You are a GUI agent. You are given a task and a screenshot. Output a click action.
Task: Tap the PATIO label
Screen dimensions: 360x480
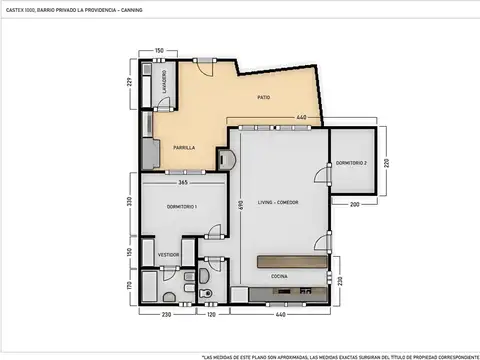263,97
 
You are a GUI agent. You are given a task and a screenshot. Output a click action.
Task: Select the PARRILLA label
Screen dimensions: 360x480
181,148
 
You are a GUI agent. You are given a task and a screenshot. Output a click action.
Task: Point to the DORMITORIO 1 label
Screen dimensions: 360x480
182,207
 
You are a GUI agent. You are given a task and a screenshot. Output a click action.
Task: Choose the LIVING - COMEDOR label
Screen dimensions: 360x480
278,202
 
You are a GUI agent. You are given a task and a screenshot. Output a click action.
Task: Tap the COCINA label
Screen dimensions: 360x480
280,277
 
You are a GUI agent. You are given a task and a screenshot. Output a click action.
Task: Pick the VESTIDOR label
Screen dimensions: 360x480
168,255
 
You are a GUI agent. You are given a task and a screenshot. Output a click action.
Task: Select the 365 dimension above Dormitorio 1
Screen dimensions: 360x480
184,182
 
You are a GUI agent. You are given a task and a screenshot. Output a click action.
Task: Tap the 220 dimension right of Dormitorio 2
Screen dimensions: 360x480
387,159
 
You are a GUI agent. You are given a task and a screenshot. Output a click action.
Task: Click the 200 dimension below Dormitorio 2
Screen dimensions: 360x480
354,203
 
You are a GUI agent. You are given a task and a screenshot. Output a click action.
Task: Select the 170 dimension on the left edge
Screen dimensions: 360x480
129,285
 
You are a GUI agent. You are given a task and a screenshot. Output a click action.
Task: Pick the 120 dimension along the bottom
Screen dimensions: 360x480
211,315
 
